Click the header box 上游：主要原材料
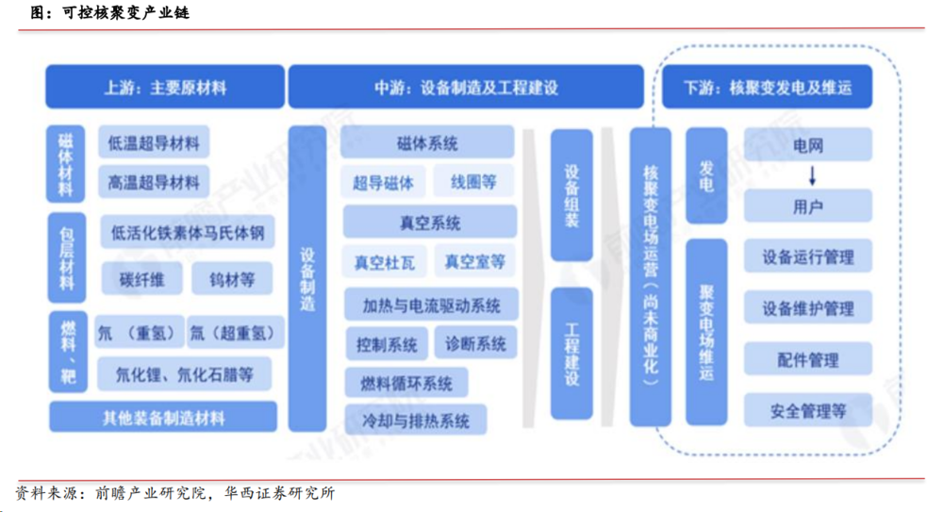click(165, 88)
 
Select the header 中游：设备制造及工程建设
click(466, 88)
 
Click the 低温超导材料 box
click(154, 144)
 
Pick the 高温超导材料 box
click(154, 182)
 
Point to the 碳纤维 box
click(141, 279)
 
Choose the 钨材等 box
click(230, 279)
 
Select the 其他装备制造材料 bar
click(164, 417)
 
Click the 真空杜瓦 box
click(384, 261)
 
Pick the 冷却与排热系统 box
click(416, 421)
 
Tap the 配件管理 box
click(808, 360)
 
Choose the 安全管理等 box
click(808, 411)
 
